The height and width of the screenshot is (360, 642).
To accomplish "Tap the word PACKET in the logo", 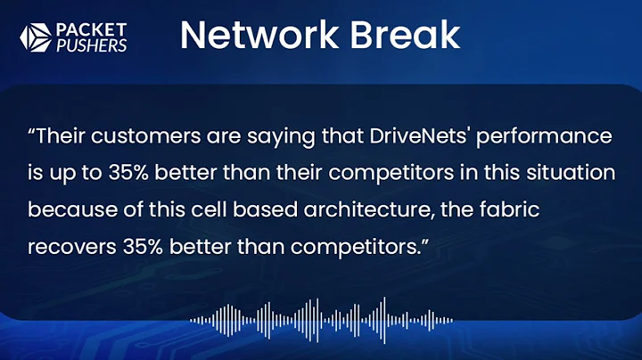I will click(x=90, y=28).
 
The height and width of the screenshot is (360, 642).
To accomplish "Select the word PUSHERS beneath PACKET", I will click(x=92, y=45).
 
